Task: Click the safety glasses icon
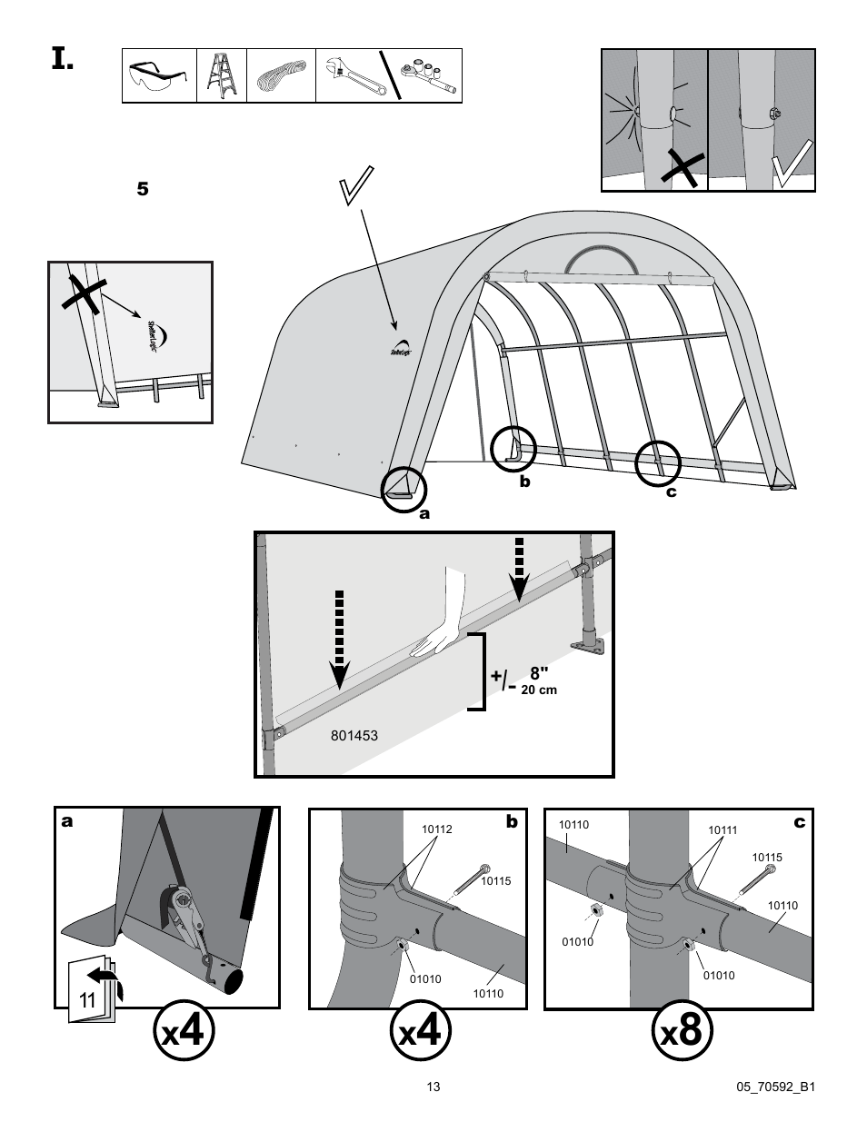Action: (x=160, y=76)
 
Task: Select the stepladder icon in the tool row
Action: (x=221, y=75)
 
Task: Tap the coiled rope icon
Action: (x=281, y=75)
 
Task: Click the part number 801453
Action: (x=355, y=736)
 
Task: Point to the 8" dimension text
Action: (x=540, y=673)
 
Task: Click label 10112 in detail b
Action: (x=436, y=829)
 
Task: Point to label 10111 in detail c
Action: (x=722, y=830)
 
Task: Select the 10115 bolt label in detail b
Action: (x=495, y=880)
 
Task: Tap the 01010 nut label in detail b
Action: (x=424, y=978)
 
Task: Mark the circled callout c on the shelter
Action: (x=659, y=462)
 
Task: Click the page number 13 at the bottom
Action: (x=433, y=1087)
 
